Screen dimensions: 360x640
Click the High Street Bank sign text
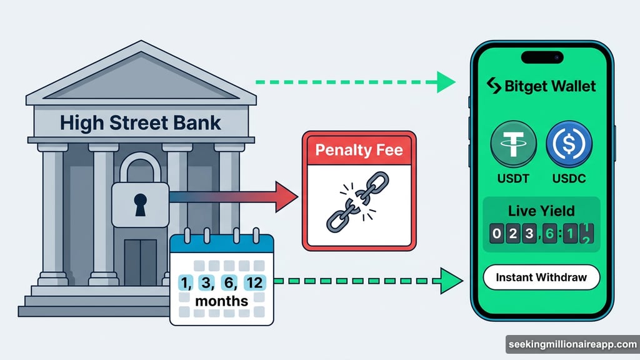[x=141, y=122]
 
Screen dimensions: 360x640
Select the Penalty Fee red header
[x=359, y=150]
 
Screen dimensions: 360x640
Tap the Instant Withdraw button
[x=541, y=277]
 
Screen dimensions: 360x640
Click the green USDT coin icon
[x=512, y=143]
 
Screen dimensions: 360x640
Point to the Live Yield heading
[x=541, y=211]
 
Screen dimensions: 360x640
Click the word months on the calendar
[x=221, y=301]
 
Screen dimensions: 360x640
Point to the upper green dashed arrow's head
[x=446, y=82]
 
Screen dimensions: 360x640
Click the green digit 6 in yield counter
[x=550, y=236]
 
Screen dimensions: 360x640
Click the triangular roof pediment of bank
[x=140, y=78]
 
